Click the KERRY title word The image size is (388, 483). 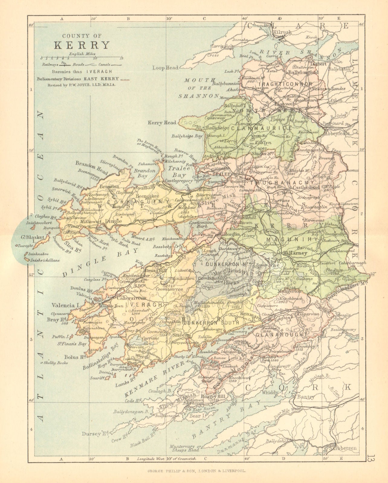[x=82, y=45]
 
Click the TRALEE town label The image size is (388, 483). [x=220, y=175]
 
